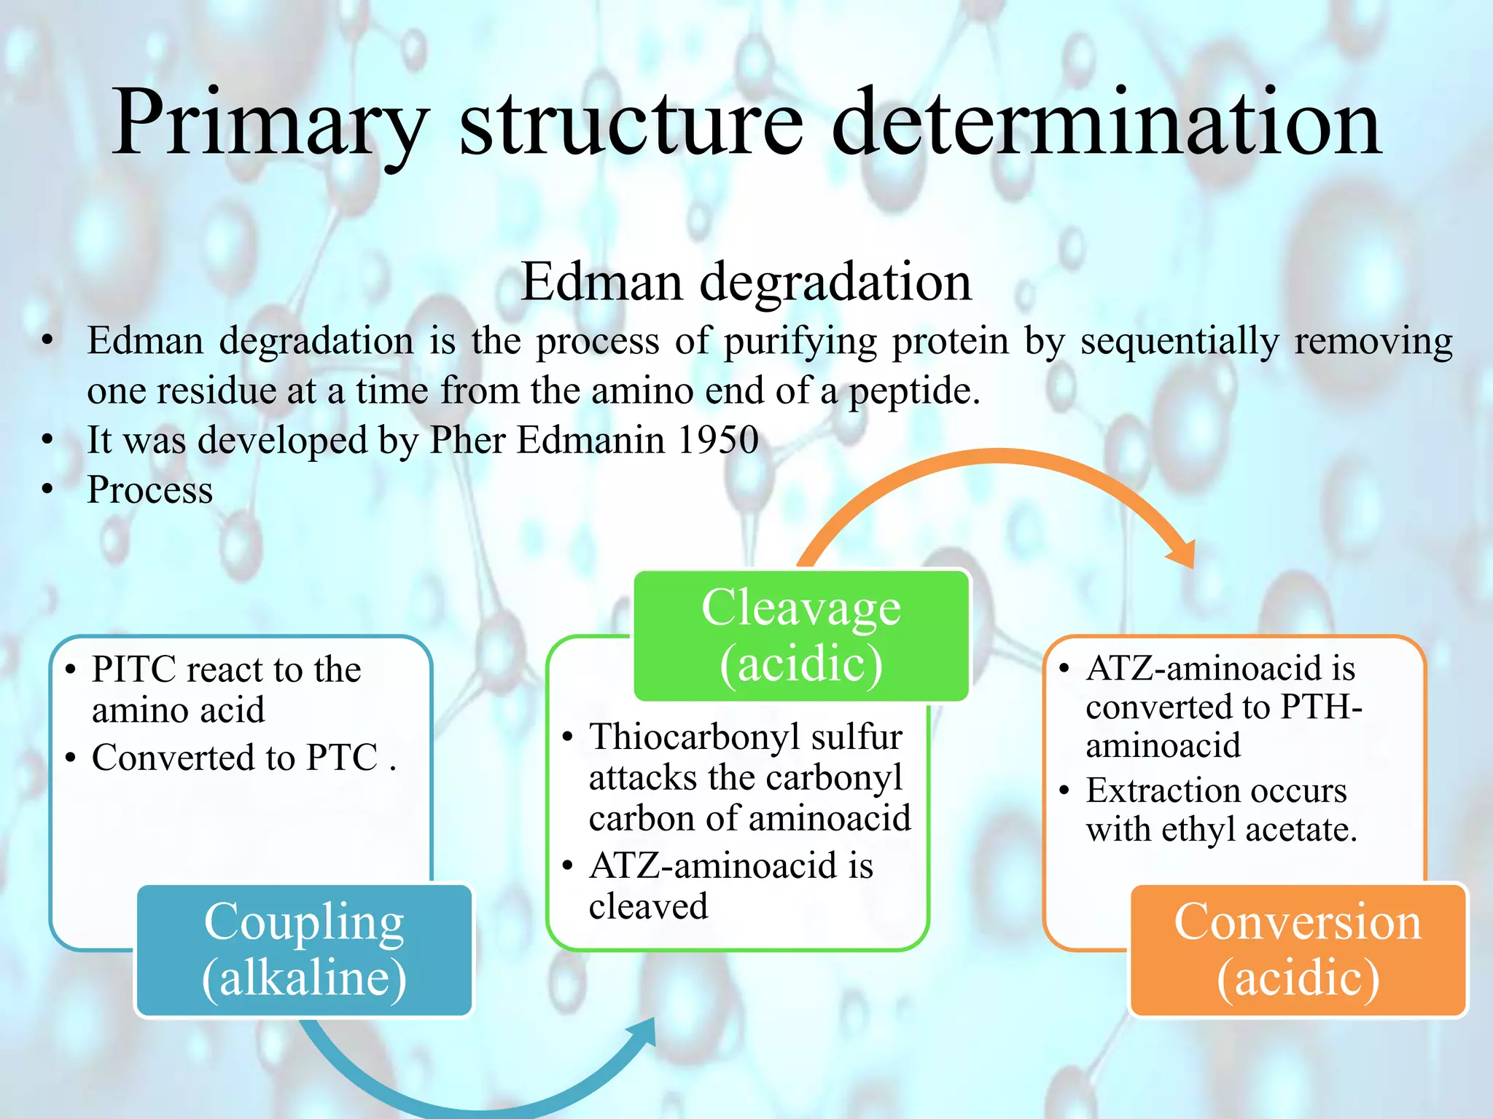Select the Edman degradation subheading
[746, 282]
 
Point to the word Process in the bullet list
[150, 490]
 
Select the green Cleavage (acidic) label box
[800, 635]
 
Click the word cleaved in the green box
[648, 907]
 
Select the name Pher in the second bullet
[467, 440]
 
